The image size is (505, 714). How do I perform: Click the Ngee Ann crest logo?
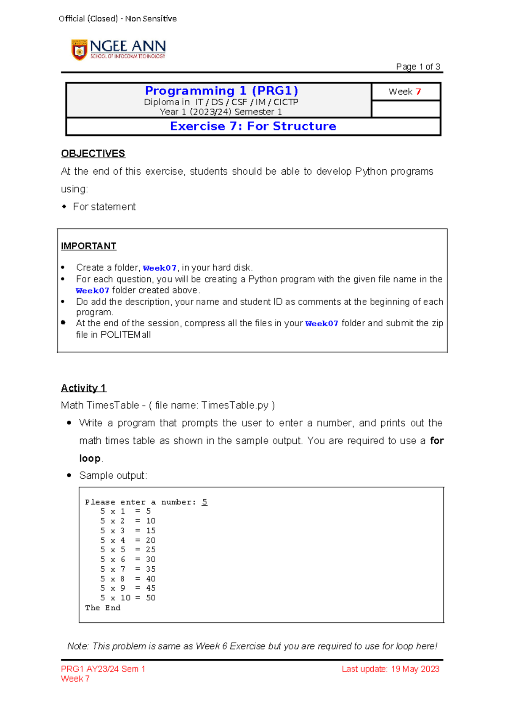coord(79,50)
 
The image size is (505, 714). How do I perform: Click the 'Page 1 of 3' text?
coord(417,67)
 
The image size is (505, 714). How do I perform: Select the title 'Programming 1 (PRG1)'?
coord(221,91)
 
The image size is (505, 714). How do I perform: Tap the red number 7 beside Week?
coord(418,92)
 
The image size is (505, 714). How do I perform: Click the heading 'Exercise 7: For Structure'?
coord(253,126)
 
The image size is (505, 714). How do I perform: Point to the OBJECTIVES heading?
coord(93,154)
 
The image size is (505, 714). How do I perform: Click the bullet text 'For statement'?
coord(104,207)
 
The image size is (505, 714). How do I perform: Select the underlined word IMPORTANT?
coord(88,246)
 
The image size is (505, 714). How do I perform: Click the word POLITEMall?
coord(125,335)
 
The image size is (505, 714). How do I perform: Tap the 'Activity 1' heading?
coord(83,388)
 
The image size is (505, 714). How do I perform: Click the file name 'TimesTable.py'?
coord(234,405)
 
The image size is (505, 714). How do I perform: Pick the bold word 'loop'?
coord(90,458)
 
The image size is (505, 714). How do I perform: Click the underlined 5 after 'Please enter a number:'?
coord(205,502)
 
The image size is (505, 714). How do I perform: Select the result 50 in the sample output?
coord(151,598)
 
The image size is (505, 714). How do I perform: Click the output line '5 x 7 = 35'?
coord(128,569)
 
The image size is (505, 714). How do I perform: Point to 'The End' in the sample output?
coord(103,607)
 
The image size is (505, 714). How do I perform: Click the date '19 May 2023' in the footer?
coord(415,669)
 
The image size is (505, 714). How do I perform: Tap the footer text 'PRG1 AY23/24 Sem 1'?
coord(103,669)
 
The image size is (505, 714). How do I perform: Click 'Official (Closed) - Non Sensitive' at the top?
coord(117,19)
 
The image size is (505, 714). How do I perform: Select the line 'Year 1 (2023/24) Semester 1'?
coord(221,112)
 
